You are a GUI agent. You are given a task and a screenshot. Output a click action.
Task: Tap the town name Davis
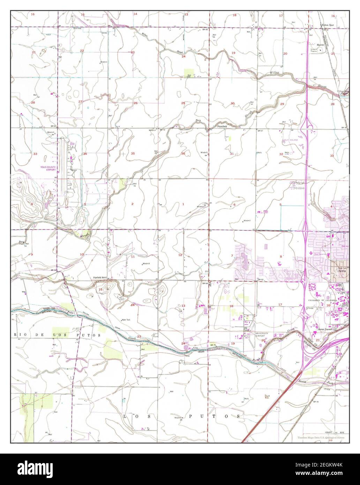coord(337,270)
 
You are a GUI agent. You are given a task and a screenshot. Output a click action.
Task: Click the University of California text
coord(322,300)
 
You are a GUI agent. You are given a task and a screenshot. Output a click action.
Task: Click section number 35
coord(133,154)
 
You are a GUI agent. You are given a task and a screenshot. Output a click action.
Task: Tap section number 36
coord(183,154)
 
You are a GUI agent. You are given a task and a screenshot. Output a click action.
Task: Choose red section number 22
coord(82,51)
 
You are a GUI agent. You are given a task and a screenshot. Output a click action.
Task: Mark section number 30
coord(233,103)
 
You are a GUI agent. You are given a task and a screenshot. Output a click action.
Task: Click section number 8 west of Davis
coord(281,257)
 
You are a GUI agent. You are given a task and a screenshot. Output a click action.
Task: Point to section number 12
coord(180,255)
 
